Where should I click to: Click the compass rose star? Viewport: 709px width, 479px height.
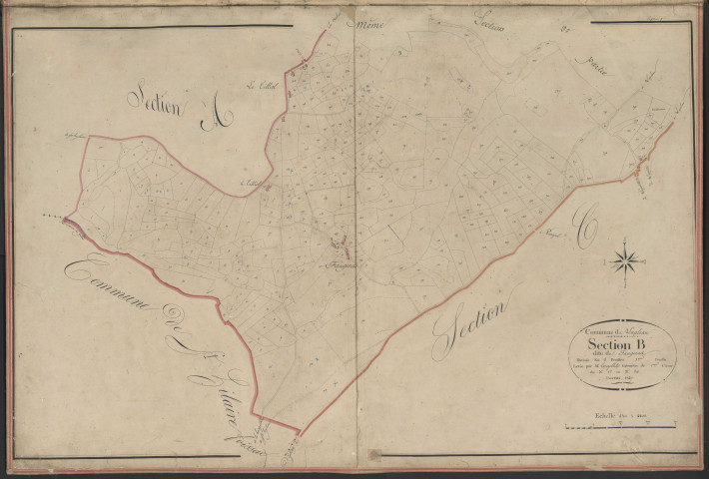tap(626, 262)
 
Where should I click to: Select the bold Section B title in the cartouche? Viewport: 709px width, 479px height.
tap(624, 347)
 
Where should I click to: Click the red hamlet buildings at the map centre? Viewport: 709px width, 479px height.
tap(338, 242)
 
